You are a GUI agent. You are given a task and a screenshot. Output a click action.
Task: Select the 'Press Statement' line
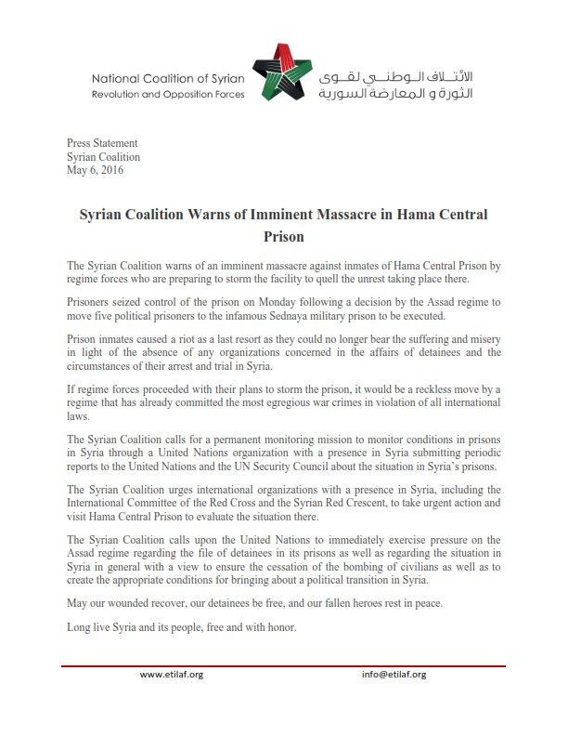click(102, 143)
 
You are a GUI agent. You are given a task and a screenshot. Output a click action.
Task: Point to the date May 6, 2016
click(95, 170)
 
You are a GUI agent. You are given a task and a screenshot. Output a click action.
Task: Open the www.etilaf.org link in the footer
click(172, 675)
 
